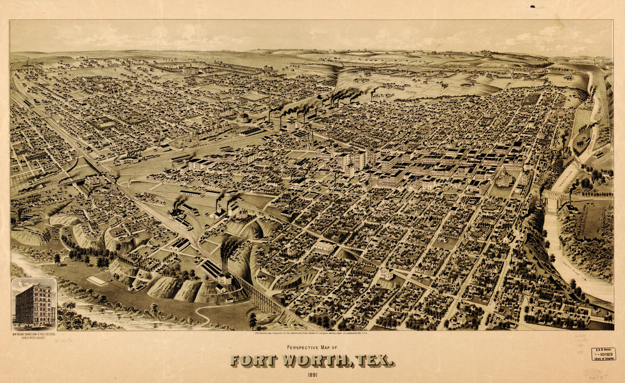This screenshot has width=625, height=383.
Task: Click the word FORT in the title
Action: tap(253, 361)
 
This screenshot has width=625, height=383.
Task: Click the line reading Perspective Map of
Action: tap(312, 347)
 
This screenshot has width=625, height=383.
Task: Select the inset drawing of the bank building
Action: tap(34, 303)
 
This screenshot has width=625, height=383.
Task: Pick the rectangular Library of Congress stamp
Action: tap(603, 354)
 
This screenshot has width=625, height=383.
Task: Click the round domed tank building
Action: tap(243, 118)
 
